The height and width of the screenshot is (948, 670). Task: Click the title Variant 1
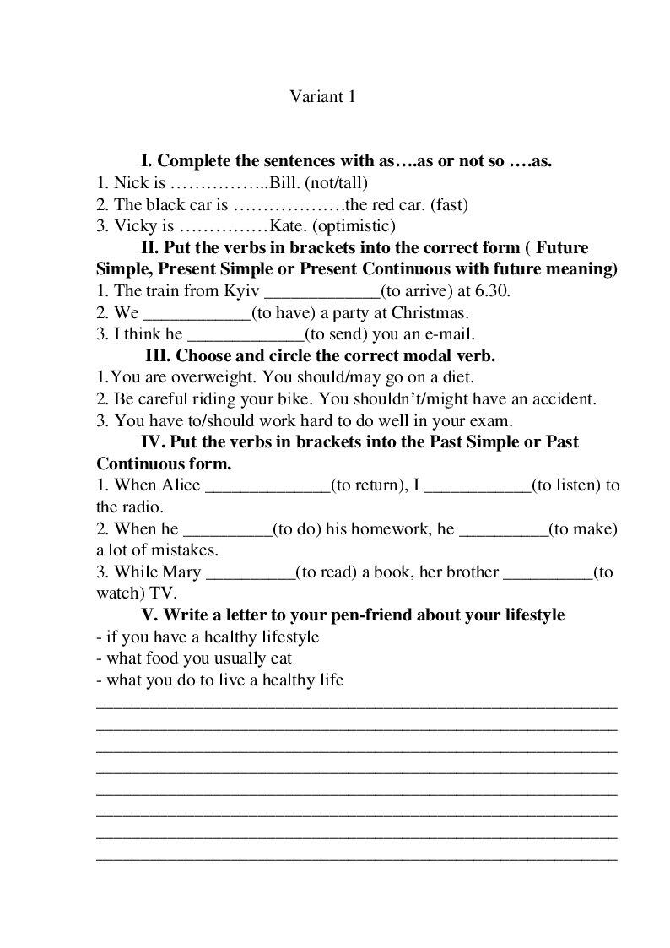[322, 97]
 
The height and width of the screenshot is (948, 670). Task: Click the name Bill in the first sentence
[282, 182]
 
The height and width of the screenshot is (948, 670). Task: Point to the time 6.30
[493, 291]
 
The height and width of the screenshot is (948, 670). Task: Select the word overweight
[207, 377]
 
